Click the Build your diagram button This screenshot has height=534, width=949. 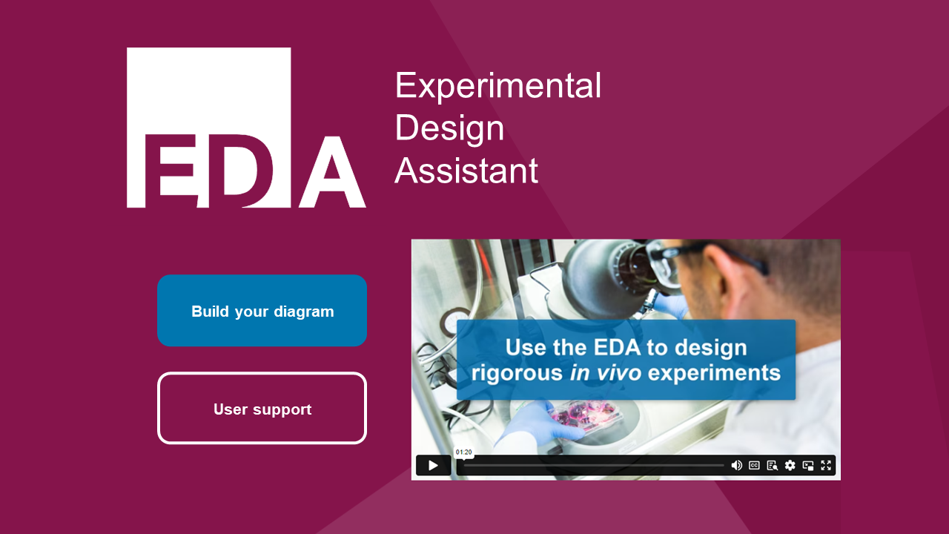click(262, 311)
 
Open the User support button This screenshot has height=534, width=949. click(262, 409)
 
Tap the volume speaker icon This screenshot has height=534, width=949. click(736, 465)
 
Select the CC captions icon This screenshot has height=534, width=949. click(754, 465)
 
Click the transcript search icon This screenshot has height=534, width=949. click(773, 465)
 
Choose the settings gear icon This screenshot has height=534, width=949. click(790, 465)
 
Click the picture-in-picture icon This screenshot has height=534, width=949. click(808, 465)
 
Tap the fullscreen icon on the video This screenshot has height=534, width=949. click(826, 465)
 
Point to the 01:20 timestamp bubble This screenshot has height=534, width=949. click(464, 452)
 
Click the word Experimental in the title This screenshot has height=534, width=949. click(497, 85)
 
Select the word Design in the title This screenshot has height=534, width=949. click(449, 128)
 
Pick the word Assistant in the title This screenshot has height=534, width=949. click(466, 171)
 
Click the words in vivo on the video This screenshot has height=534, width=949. click(605, 372)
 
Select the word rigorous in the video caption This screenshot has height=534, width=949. click(517, 372)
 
